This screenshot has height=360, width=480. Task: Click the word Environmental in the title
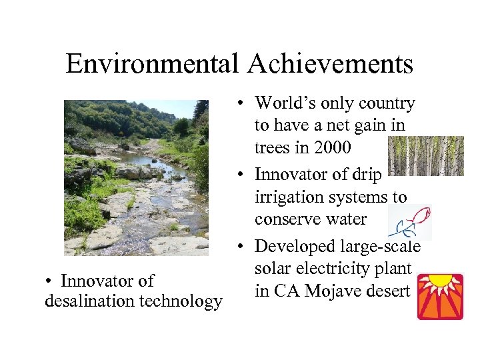pos(153,64)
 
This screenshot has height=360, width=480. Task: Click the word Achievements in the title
pos(331,64)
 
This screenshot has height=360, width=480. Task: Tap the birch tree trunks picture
pos(425,156)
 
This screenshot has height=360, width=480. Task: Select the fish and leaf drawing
pos(409,222)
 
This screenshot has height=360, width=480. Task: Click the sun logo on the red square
pos(440,297)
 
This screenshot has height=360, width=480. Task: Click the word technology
pos(181,301)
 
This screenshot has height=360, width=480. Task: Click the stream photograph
pos(136,177)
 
